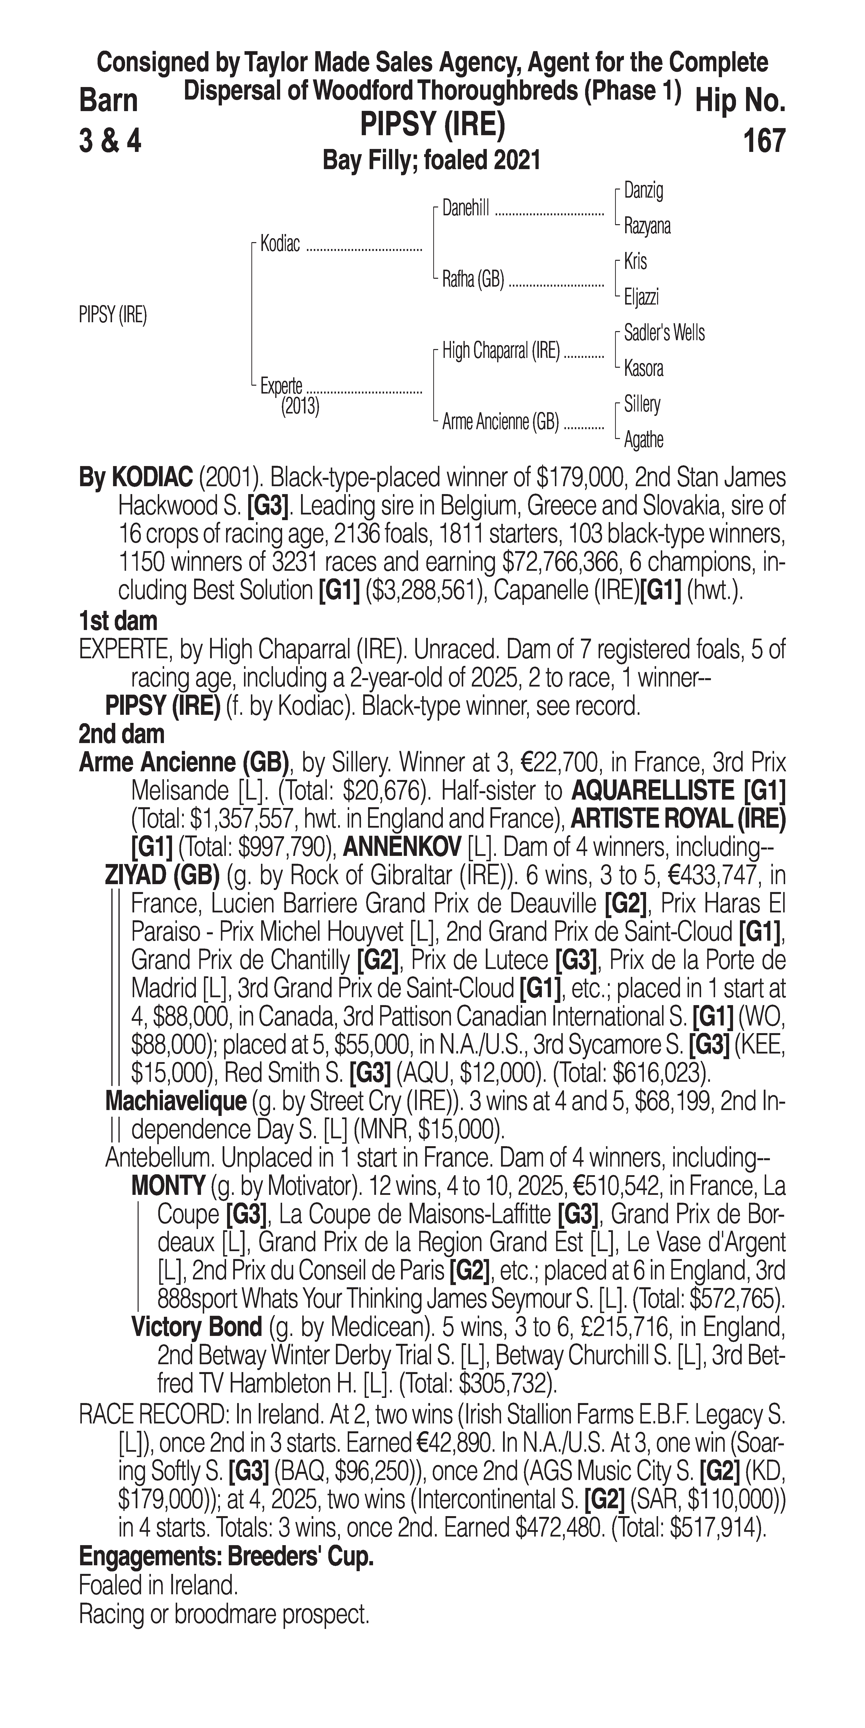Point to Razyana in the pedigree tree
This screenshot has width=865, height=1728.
pos(647,226)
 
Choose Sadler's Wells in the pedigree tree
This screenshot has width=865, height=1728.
pos(664,333)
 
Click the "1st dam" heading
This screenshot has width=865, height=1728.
pos(118,621)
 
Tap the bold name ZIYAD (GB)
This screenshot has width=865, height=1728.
pos(162,875)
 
